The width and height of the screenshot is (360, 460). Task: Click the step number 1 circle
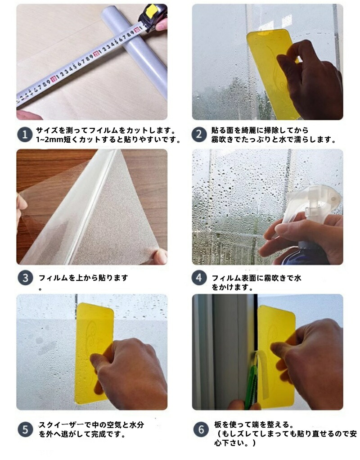[25, 135]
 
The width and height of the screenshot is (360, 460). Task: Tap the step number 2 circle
[199, 135]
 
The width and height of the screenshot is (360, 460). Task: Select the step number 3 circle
[25, 278]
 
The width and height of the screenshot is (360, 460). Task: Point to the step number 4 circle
[199, 278]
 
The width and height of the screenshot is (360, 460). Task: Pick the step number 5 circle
[25, 429]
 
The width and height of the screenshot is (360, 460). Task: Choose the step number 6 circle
[201, 429]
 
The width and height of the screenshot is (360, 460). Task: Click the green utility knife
[252, 381]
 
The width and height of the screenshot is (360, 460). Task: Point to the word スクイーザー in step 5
[61, 424]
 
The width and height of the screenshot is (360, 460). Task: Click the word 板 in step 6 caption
[218, 424]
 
